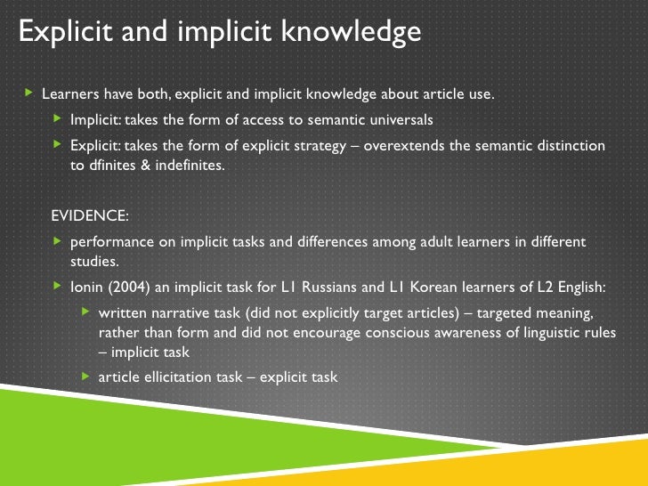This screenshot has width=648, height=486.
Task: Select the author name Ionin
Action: point(89,287)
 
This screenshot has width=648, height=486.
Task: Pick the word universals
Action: point(400,119)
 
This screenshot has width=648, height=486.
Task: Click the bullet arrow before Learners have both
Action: point(28,93)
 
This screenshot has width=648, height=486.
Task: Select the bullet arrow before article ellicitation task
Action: point(85,377)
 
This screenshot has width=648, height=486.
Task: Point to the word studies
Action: point(93,262)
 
